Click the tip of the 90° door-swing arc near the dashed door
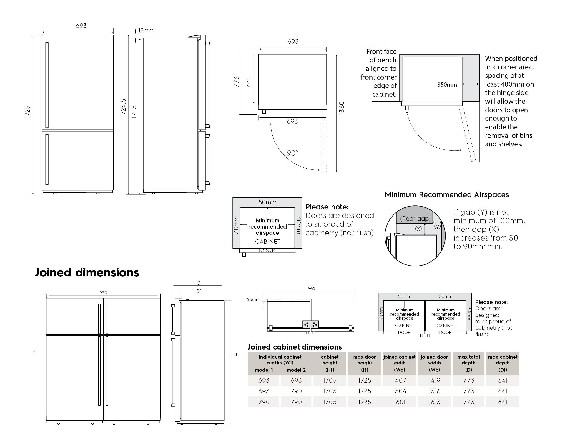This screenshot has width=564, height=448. point(320,170)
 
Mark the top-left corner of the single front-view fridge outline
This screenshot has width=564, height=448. point(42,35)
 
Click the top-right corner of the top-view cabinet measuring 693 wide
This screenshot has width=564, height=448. point(327,54)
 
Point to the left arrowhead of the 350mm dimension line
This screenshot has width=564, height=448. point(463,84)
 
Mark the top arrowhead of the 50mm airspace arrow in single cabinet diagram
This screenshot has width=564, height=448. point(267,208)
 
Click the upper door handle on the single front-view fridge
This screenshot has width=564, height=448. point(47,85)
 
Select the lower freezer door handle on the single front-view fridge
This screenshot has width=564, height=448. point(47,159)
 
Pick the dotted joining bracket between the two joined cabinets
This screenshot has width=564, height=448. point(310,324)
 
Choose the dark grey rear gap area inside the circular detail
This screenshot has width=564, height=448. point(415,215)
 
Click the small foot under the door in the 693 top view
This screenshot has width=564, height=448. point(264,112)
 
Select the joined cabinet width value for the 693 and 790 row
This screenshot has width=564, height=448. point(399,391)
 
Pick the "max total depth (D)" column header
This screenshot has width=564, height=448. point(468,363)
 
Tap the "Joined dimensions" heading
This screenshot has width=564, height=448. point(87,273)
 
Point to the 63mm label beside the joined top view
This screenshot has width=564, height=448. point(253,300)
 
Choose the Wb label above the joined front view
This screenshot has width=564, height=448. point(104,292)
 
